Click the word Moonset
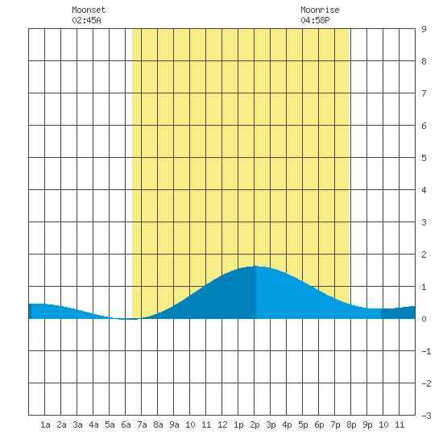tap(89, 10)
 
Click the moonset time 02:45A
tap(86, 20)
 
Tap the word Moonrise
tap(320, 10)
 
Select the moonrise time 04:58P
tap(315, 20)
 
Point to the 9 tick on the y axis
tap(424, 29)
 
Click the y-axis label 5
tap(424, 158)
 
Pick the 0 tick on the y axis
tap(424, 319)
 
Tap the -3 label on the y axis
tap(426, 416)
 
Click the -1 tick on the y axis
tap(426, 351)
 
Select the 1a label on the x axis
tap(45, 424)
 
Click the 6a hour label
tap(126, 424)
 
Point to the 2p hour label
tap(255, 424)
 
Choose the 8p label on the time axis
tap(351, 424)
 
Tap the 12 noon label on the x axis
tap(222, 424)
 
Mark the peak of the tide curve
tap(255, 266)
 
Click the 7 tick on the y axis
tap(424, 93)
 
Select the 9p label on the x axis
tap(367, 424)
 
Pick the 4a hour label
tap(93, 424)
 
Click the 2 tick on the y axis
tap(424, 255)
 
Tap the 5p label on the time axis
tap(303, 424)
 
